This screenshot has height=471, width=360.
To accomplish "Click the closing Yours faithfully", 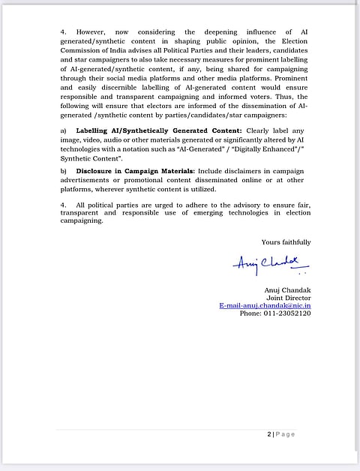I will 286,242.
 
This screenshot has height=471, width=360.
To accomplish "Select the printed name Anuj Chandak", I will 287,289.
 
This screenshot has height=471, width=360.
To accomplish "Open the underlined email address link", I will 265,306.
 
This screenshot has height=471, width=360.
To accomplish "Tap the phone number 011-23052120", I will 275,313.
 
